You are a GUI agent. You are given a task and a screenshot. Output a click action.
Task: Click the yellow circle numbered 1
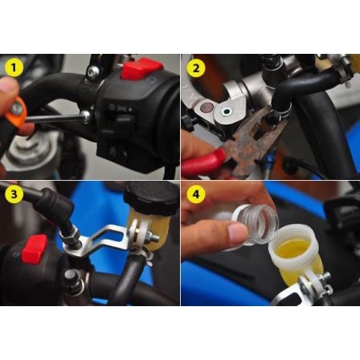pos(14,67)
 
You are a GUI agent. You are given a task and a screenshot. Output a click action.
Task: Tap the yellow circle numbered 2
pos(196,67)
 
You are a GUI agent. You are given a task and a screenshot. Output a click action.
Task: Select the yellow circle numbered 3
pos(14,194)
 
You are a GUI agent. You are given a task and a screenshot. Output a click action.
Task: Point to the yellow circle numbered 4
pos(196,194)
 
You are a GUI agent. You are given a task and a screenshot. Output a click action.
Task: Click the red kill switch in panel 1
pos(142,70)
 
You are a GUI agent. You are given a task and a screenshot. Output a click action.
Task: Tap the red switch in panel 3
pos(35,249)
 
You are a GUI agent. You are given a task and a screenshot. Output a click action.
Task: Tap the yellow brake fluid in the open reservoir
pos(292,247)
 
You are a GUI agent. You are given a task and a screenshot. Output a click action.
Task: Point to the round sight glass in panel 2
pos(207,108)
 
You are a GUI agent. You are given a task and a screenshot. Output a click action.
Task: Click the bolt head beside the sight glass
pos(226,111)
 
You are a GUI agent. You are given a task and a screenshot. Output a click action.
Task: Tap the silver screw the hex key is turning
pos(86,117)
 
